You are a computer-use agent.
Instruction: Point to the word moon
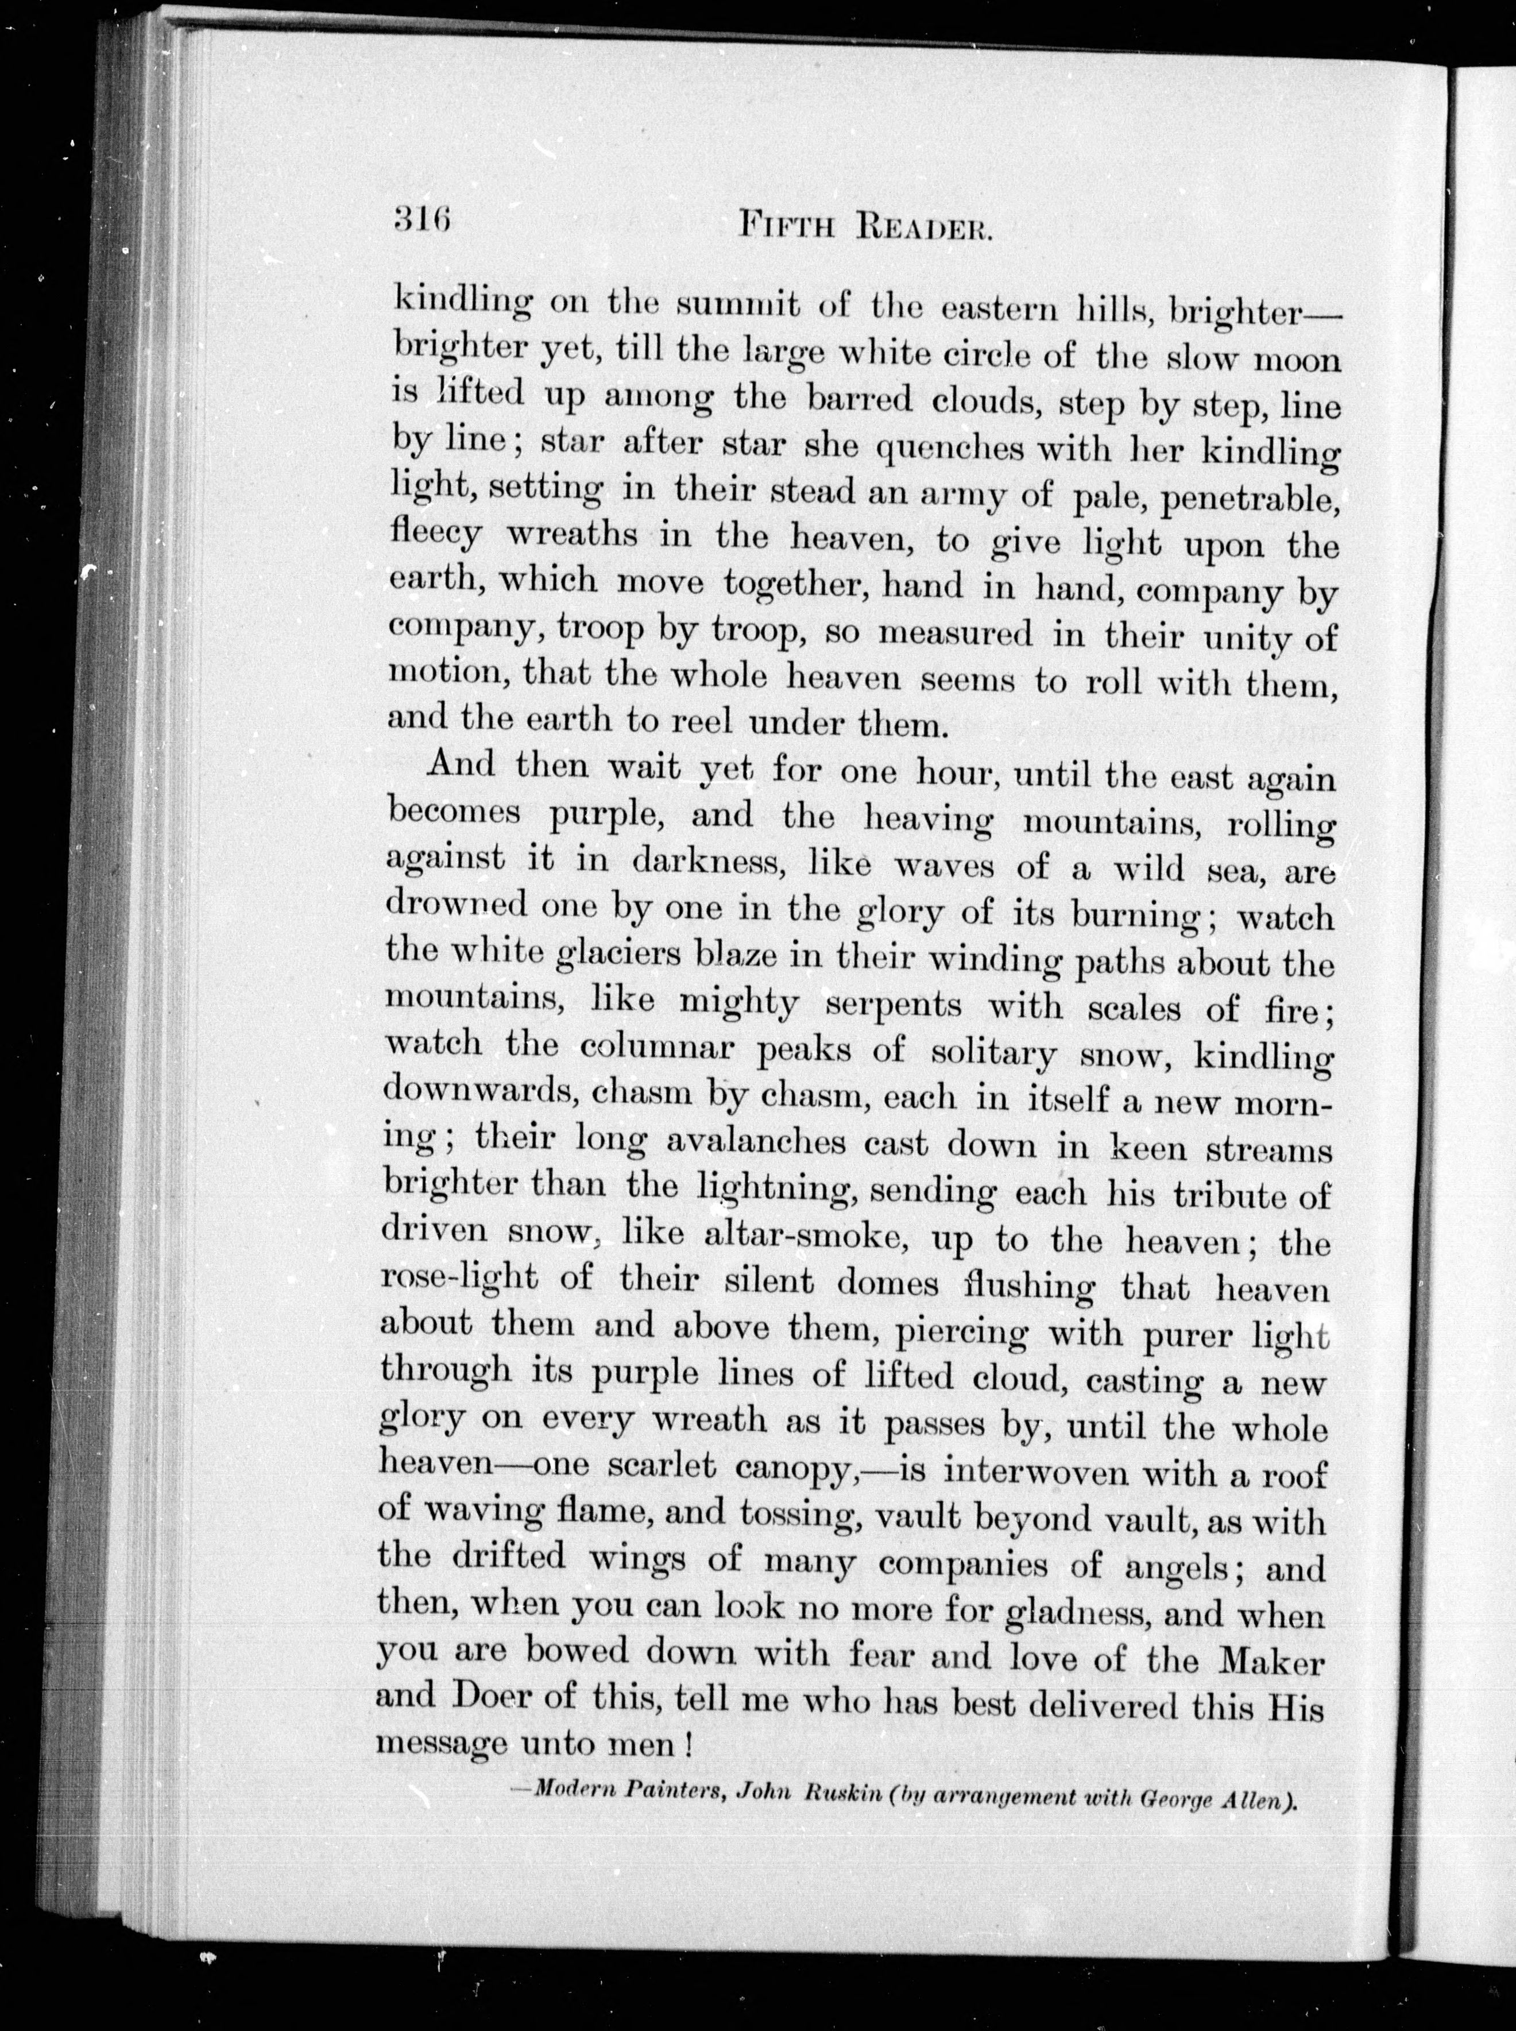coord(1298,360)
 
